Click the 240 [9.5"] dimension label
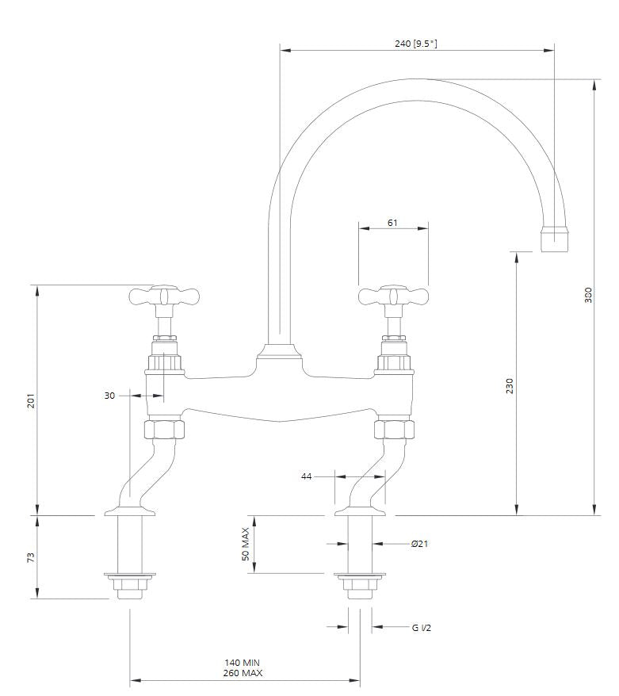pos(416,44)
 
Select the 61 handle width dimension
pos(392,223)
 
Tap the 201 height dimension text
pos(31,401)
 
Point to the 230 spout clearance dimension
pos(509,386)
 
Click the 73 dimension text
pos(31,557)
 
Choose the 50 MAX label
pos(246,544)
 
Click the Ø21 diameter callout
pos(419,544)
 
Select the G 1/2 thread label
pos(421,628)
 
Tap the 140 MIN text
pos(243,663)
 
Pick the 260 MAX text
pos(243,673)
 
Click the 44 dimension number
pos(306,476)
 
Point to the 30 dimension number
pos(109,396)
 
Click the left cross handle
pos(164,296)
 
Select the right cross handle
pos(394,296)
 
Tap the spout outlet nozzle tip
pos(555,239)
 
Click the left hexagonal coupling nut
pos(164,429)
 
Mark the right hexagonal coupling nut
pos(394,429)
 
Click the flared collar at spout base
pos(279,352)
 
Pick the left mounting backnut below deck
pos(130,586)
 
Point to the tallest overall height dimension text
pos(588,295)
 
